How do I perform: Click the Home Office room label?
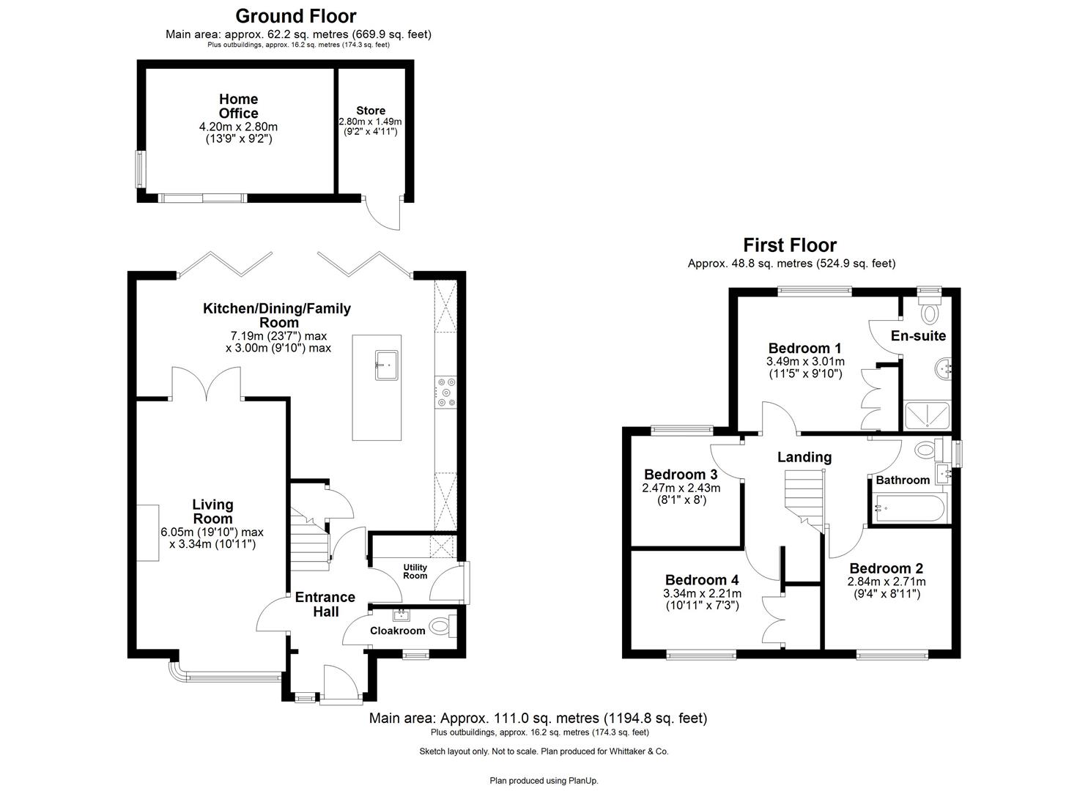tap(238, 106)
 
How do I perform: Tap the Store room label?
tap(370, 111)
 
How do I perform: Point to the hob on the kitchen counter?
tap(445, 391)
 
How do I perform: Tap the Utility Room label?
tap(415, 571)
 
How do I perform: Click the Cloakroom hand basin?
tap(401, 615)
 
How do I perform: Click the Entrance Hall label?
tap(325, 604)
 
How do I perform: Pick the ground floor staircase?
tap(308, 542)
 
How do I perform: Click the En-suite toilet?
tap(930, 312)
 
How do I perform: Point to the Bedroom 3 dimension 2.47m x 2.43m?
tap(681, 488)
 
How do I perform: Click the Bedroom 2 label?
tap(886, 568)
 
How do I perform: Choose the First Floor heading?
tap(790, 245)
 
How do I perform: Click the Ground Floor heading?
tap(296, 16)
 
